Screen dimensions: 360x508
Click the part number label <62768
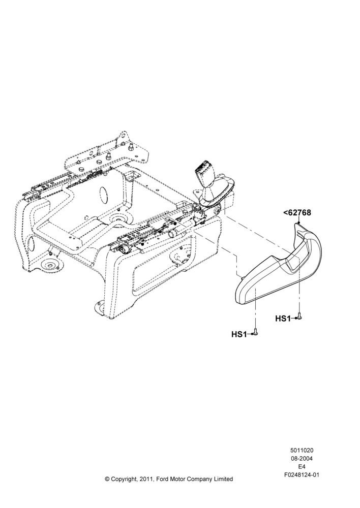click(297, 213)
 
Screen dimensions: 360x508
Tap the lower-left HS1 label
click(239, 334)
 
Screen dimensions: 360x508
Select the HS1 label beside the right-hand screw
click(283, 319)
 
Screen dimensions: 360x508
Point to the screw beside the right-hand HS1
click(299, 316)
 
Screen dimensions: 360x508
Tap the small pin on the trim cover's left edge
click(242, 277)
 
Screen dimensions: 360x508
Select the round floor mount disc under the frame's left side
click(50, 266)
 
